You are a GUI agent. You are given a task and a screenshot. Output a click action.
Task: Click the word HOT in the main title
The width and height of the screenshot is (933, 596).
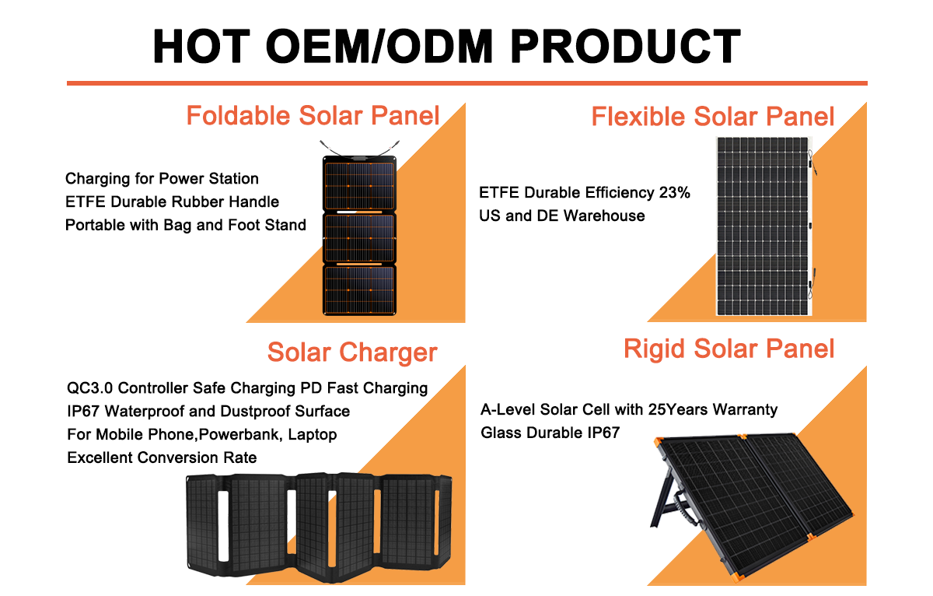click(x=201, y=46)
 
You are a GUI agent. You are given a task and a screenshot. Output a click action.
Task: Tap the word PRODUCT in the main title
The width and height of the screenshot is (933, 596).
click(x=625, y=46)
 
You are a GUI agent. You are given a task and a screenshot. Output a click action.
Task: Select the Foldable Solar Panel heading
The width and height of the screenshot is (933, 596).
click(x=313, y=115)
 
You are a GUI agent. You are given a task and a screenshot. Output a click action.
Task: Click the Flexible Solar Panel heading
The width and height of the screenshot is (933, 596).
click(x=713, y=116)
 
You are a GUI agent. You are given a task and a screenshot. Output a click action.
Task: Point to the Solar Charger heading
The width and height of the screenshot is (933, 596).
click(x=352, y=352)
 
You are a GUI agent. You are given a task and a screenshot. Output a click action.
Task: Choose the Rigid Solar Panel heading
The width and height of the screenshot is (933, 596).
click(x=729, y=349)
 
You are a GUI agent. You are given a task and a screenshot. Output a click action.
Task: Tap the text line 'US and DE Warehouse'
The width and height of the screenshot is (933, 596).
click(x=562, y=216)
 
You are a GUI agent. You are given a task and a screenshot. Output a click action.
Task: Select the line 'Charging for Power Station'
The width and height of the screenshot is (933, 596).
click(x=162, y=179)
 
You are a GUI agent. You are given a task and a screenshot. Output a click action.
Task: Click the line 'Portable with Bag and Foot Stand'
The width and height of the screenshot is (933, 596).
click(x=186, y=225)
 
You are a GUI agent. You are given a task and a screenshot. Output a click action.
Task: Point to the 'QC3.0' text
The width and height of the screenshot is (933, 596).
click(x=89, y=388)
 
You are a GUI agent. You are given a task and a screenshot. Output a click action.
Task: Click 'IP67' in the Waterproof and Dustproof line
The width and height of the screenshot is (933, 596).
click(x=83, y=412)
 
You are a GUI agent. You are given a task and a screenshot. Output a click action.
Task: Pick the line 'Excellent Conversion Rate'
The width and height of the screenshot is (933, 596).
click(x=162, y=458)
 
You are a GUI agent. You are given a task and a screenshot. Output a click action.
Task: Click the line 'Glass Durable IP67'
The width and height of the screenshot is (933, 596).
click(x=550, y=433)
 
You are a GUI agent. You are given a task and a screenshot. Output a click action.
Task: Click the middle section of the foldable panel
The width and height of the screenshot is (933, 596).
click(x=359, y=238)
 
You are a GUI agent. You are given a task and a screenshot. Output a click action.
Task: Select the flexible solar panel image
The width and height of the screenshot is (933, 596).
click(x=764, y=226)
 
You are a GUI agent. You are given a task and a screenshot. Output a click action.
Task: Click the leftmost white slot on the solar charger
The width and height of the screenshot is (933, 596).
click(x=223, y=526)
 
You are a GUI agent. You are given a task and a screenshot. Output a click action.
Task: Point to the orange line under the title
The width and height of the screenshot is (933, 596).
click(x=467, y=83)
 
